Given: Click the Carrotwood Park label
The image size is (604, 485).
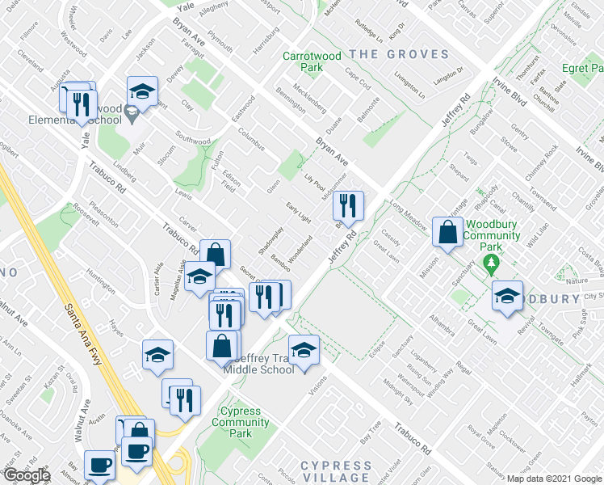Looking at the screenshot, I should click(x=303, y=62).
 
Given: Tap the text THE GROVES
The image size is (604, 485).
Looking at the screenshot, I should click(x=398, y=54).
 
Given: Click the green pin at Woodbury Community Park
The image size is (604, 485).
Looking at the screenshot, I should click(x=489, y=264).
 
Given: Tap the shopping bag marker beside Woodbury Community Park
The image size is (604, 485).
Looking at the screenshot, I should click(x=447, y=233).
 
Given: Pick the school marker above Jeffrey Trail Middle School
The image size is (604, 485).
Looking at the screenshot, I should click(x=304, y=350).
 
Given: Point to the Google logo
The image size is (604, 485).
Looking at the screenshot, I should click(x=27, y=475).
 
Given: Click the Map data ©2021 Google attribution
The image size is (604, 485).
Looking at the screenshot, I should click(x=554, y=479).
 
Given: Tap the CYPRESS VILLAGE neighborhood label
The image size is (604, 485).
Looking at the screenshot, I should click(x=335, y=472).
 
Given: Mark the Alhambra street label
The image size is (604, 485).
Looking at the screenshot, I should click(x=445, y=325).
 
